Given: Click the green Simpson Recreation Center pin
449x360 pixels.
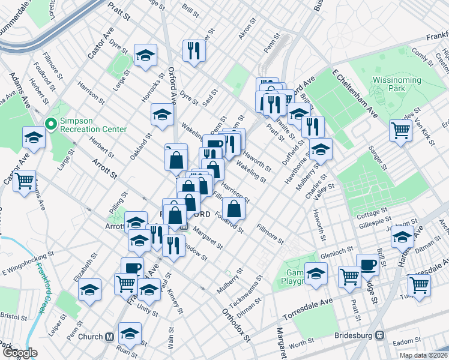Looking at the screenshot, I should [x=51, y=124].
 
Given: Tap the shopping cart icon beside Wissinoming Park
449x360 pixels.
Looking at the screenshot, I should [x=400, y=130].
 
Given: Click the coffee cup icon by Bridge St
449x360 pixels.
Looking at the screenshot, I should [x=367, y=264].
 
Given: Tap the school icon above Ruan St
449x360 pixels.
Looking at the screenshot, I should [x=129, y=333].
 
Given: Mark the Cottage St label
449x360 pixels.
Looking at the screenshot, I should [x=373, y=213].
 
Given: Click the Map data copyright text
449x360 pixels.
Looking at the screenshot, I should [x=423, y=355].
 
